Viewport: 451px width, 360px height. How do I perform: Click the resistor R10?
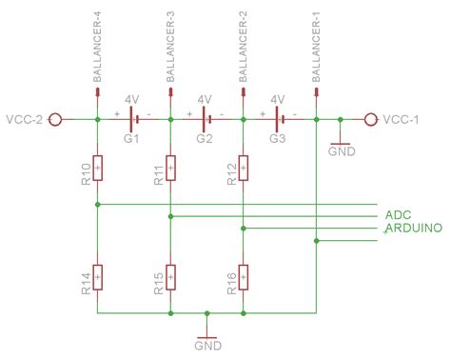(x=98, y=169)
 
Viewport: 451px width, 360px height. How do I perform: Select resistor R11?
(x=170, y=169)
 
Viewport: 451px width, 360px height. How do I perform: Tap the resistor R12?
(x=244, y=169)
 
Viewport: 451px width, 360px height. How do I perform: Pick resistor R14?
(x=98, y=277)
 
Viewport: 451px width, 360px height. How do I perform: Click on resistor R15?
(x=170, y=277)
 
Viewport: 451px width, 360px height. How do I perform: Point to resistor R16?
(x=244, y=277)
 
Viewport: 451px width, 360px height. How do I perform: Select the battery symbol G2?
(x=206, y=119)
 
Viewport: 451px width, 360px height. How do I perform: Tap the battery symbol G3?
(x=280, y=119)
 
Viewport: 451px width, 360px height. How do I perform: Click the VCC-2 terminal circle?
(x=55, y=119)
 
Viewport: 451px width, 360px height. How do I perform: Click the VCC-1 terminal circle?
(x=370, y=119)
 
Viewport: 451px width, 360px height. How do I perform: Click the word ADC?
(x=398, y=215)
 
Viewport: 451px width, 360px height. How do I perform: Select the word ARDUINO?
(x=411, y=230)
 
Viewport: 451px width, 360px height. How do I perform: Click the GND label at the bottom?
(x=207, y=346)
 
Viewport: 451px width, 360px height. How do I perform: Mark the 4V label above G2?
(x=204, y=99)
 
